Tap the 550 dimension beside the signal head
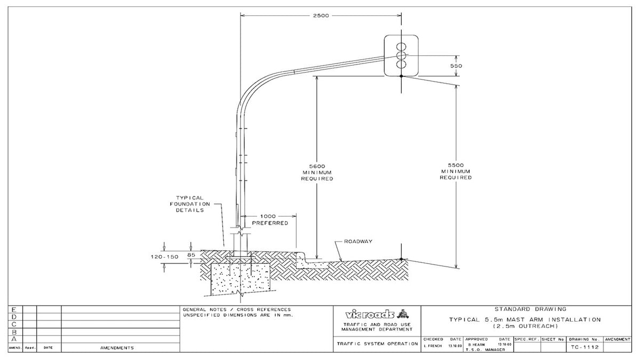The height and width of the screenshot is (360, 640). pos(456,66)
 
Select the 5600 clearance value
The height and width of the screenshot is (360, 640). pos(317,166)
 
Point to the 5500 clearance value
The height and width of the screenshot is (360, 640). pos(456,165)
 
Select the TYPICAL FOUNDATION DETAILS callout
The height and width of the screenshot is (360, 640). pos(190,204)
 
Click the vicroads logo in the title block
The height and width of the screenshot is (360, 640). pos(373,313)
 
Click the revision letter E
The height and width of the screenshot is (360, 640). pos(14,309)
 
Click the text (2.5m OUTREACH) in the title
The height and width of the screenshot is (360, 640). pos(525,326)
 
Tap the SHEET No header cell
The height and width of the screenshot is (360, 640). pos(553,339)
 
